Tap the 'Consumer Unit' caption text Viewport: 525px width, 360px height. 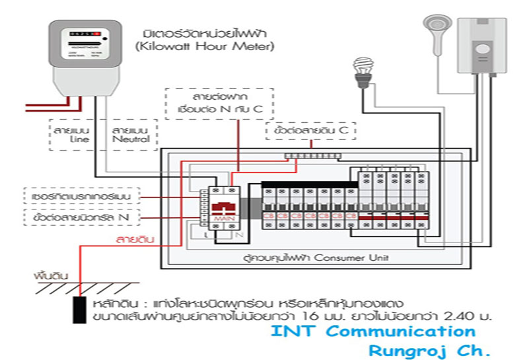(277, 257)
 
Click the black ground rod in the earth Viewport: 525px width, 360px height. (80, 310)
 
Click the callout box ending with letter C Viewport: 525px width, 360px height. (310, 131)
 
